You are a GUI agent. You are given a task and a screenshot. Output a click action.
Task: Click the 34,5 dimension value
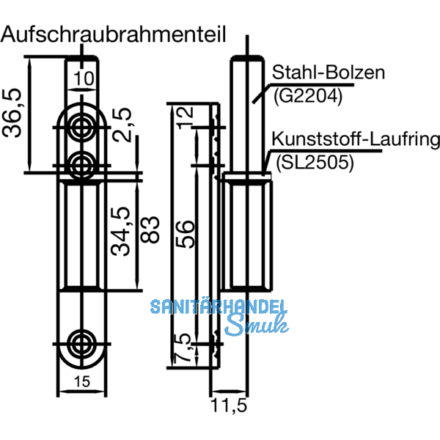(120, 231)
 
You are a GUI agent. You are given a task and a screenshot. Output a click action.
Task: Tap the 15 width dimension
(83, 380)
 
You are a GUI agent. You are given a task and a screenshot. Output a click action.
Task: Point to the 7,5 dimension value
(184, 347)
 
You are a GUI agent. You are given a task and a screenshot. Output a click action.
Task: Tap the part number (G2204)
(307, 95)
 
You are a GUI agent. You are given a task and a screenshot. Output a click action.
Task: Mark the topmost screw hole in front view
(81, 125)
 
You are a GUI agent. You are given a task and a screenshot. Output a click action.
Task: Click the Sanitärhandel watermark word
(219, 307)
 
